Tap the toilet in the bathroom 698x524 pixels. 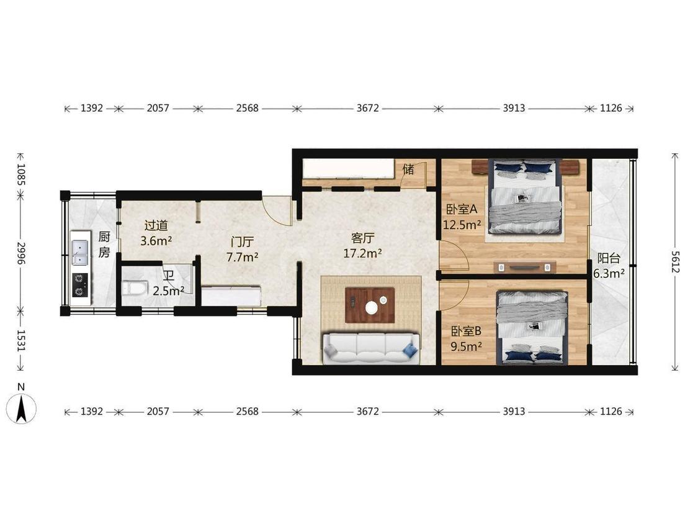point(134,288)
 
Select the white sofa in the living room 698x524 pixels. point(371,348)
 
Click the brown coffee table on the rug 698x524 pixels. point(370,305)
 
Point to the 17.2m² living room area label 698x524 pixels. point(362,253)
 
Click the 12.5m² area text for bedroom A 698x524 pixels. point(462,225)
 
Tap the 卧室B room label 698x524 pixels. point(466,332)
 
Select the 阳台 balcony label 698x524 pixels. point(609,258)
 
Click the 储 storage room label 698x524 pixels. point(408,169)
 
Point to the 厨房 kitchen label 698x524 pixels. point(104,244)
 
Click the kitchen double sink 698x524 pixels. point(80,253)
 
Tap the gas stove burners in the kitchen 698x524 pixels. point(80,285)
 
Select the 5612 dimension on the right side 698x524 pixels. point(675,262)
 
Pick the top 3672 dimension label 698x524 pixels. point(368,108)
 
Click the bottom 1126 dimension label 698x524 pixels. point(611,411)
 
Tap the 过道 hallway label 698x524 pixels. point(156,225)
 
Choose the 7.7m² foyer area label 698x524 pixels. point(242,258)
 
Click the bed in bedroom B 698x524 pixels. point(532,328)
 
